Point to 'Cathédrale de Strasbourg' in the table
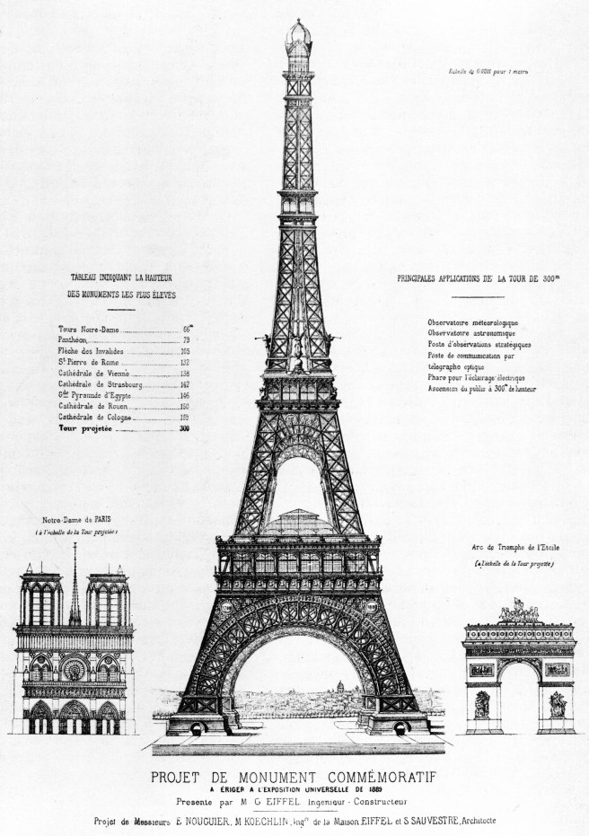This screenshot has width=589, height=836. coord(97,384)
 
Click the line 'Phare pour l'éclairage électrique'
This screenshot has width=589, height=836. coord(476,377)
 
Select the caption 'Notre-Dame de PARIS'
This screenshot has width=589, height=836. coord(76,520)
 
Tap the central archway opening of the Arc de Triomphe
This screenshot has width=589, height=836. coord(518,697)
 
